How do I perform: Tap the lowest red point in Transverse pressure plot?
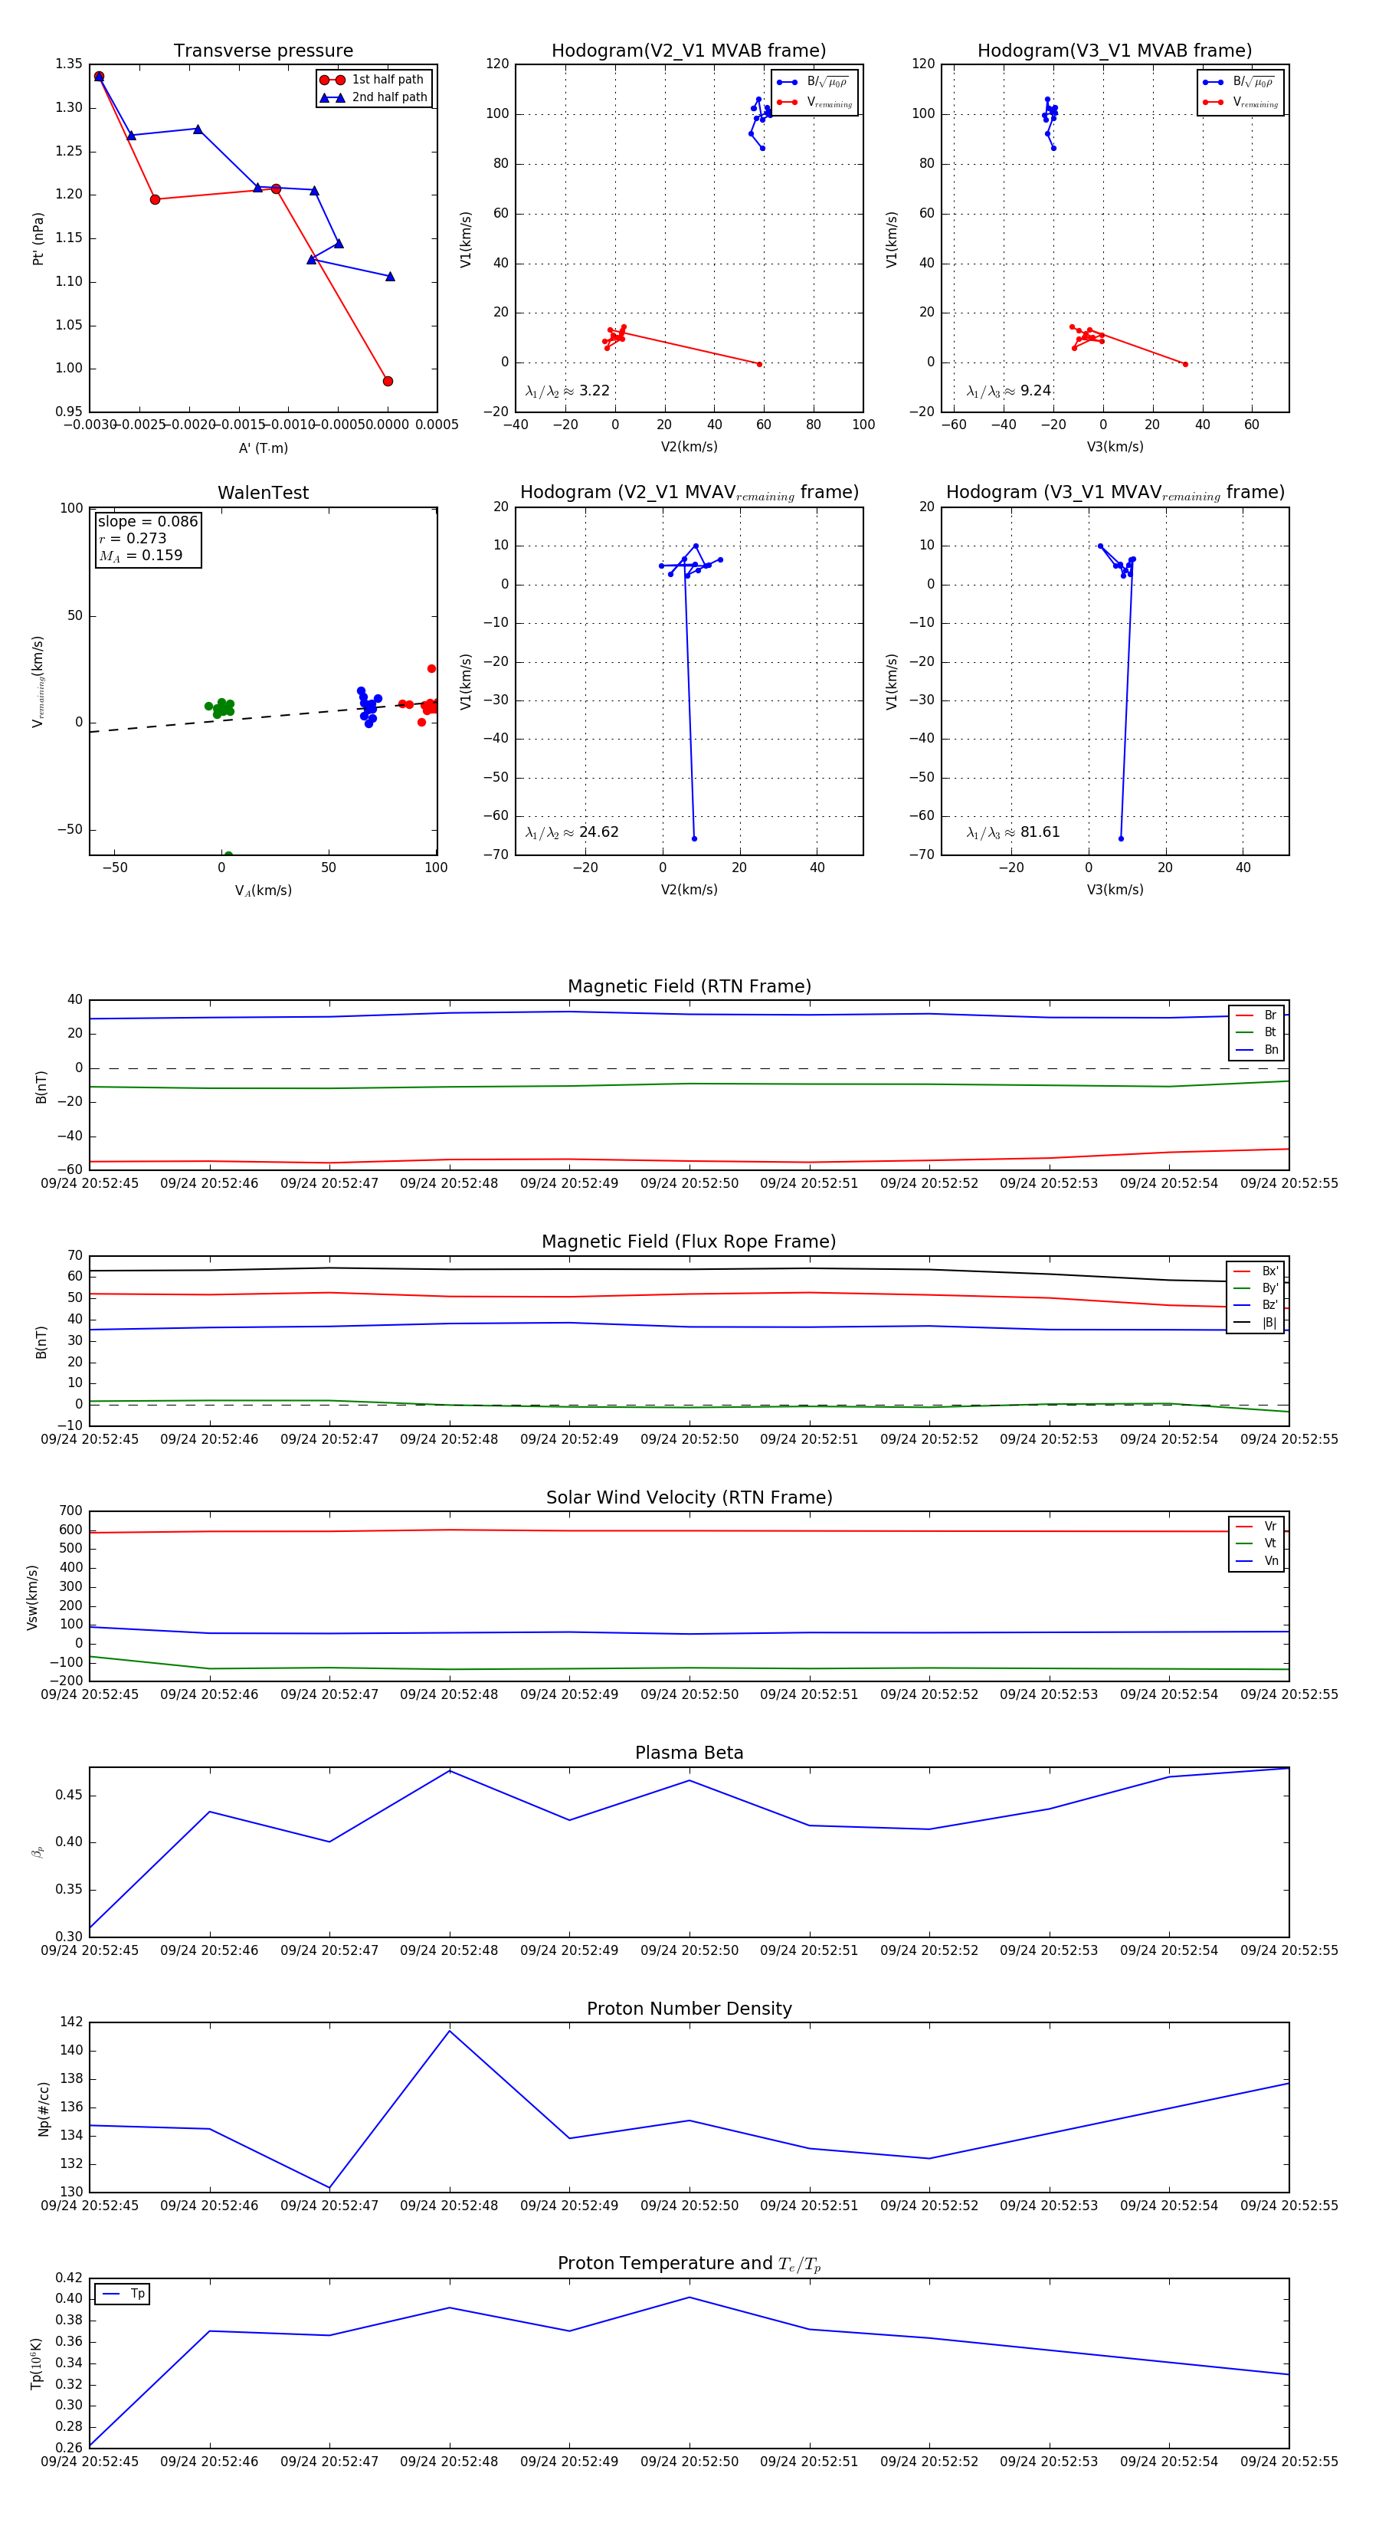(x=388, y=381)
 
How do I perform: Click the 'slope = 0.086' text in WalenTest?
(x=147, y=521)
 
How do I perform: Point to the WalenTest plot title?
(x=263, y=493)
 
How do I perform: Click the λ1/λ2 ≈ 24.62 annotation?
(x=572, y=832)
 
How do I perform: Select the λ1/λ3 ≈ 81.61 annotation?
(x=1013, y=832)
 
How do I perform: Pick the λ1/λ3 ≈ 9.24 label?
(x=1009, y=391)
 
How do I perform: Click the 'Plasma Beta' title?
(x=689, y=1753)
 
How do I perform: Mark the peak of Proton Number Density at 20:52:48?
(x=450, y=2030)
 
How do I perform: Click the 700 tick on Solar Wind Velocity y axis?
(x=70, y=1511)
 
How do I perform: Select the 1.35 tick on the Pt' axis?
(x=69, y=64)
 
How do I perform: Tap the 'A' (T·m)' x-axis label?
(x=263, y=448)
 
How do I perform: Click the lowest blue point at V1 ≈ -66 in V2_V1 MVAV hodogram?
(x=694, y=838)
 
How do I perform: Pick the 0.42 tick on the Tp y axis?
(x=69, y=2278)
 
